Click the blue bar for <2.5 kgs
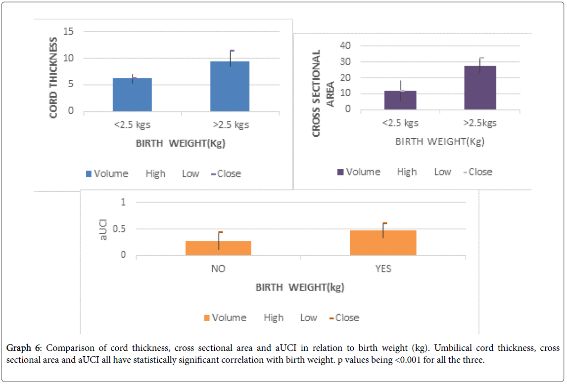[x=132, y=95]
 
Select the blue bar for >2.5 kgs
[x=230, y=86]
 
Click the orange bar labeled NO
[x=218, y=248]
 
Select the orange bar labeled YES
[x=383, y=243]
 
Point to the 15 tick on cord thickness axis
[x=68, y=32]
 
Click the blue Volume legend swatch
[x=89, y=174]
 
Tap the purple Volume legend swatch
[x=340, y=172]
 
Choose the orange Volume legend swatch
[x=207, y=318]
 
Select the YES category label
[x=383, y=269]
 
